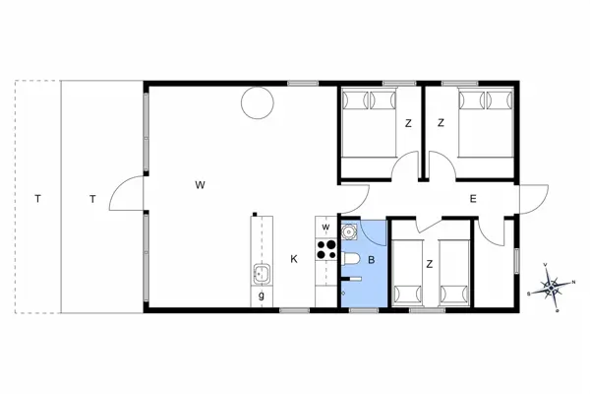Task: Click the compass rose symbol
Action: (552, 286)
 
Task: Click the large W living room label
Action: (199, 184)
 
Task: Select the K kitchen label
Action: (293, 259)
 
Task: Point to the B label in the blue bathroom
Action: (371, 260)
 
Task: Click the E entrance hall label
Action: (472, 199)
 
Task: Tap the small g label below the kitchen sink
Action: (262, 295)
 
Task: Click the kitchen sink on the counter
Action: (262, 273)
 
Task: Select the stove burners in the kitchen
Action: (324, 249)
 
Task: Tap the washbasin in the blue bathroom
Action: (348, 232)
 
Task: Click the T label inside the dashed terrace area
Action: (37, 199)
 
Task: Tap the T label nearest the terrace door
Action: (92, 199)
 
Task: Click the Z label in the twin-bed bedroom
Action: (429, 264)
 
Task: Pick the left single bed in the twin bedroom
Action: (406, 271)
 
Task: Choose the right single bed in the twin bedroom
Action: (453, 271)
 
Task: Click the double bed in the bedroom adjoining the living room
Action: (369, 123)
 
